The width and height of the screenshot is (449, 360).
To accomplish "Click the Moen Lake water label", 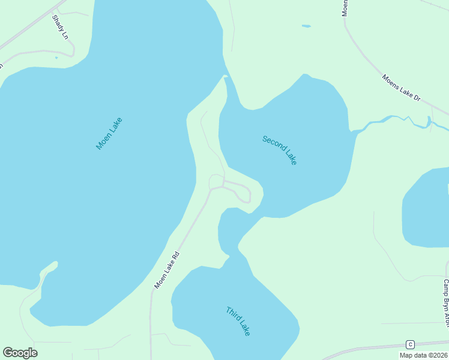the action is click(x=109, y=133).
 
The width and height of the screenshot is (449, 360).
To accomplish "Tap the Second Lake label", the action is click(x=280, y=150).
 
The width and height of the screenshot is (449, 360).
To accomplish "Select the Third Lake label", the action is click(x=238, y=321).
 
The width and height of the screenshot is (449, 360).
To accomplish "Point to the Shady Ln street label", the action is click(x=60, y=28).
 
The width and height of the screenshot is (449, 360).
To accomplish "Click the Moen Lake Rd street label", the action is click(x=167, y=270).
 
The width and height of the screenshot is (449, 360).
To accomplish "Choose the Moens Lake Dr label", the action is click(x=402, y=88).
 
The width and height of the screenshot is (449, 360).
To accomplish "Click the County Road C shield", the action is click(x=410, y=344).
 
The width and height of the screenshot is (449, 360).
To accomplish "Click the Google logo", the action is click(x=20, y=353).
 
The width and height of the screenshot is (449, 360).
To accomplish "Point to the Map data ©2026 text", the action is click(x=423, y=355).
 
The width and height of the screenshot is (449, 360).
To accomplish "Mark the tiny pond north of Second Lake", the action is click(x=306, y=26).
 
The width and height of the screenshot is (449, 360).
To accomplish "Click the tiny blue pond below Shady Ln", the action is click(x=56, y=58).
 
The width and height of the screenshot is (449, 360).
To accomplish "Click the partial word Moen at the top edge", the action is click(x=345, y=7).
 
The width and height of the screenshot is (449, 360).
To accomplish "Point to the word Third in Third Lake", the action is click(x=232, y=314).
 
